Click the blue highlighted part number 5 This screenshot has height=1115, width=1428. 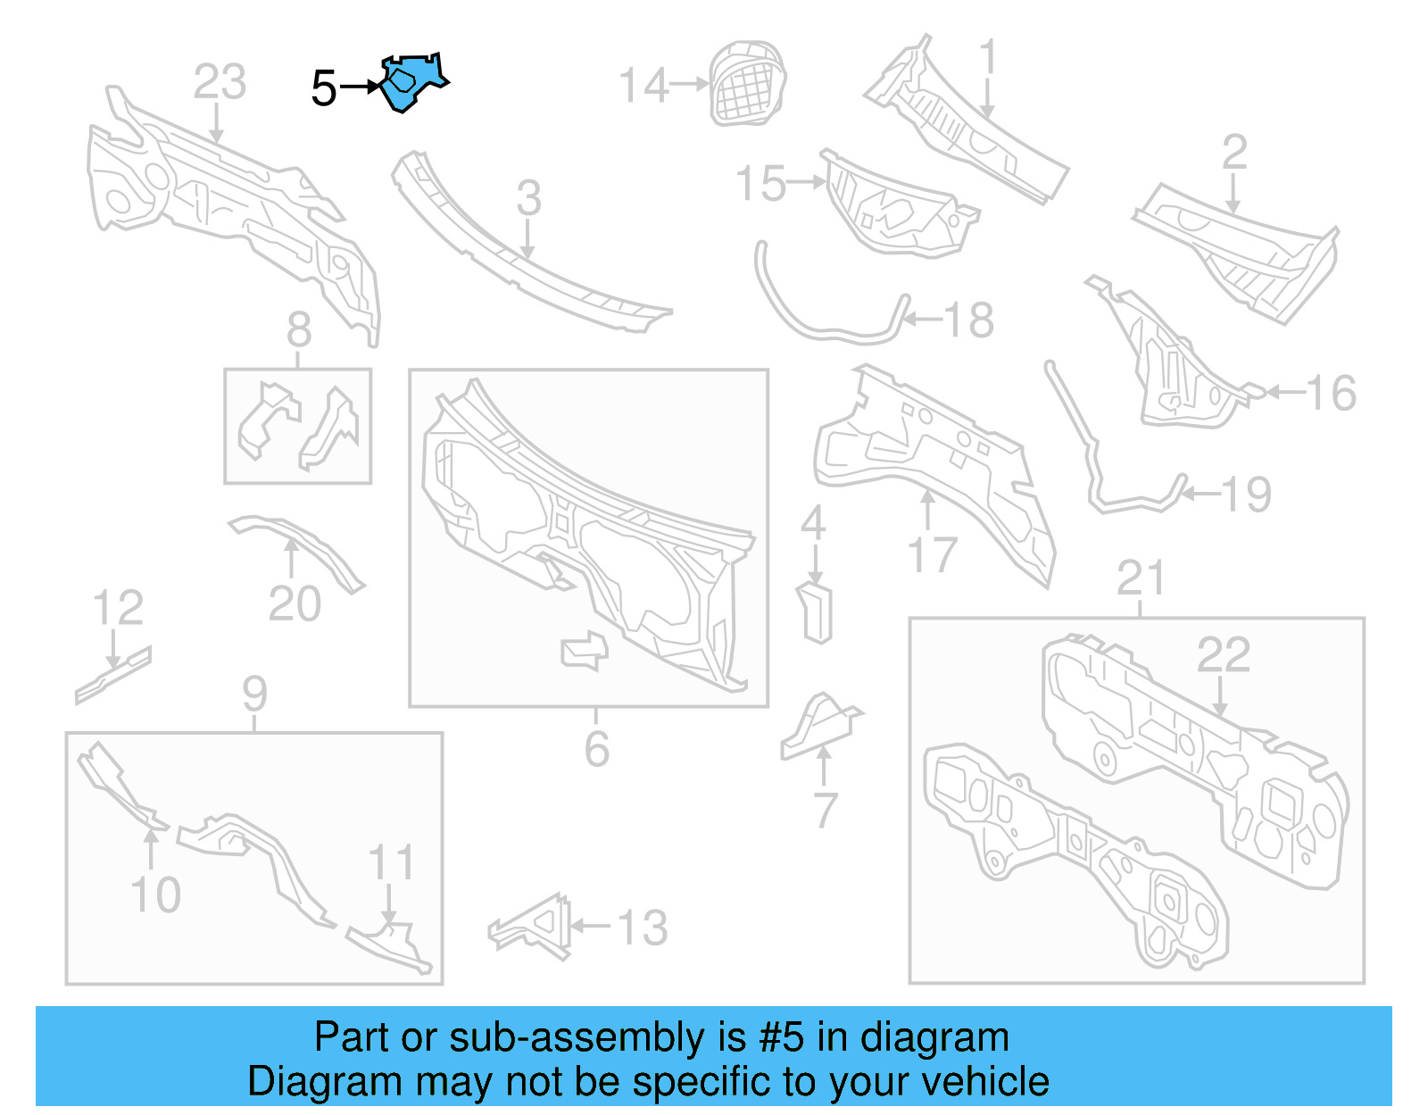411,81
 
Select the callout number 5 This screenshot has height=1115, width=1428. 323,88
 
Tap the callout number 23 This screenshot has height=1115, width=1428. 220,82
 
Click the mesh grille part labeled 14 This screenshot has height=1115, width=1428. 748,82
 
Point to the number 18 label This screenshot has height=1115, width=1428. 968,320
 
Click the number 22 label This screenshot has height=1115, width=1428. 1223,655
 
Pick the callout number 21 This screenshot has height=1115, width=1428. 1141,578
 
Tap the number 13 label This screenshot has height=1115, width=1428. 643,928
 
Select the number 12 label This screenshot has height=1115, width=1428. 118,608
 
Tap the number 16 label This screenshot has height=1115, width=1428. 1331,393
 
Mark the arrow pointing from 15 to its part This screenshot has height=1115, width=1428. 807,182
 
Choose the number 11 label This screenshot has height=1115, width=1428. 392,862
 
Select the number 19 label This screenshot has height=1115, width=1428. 1246,494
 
